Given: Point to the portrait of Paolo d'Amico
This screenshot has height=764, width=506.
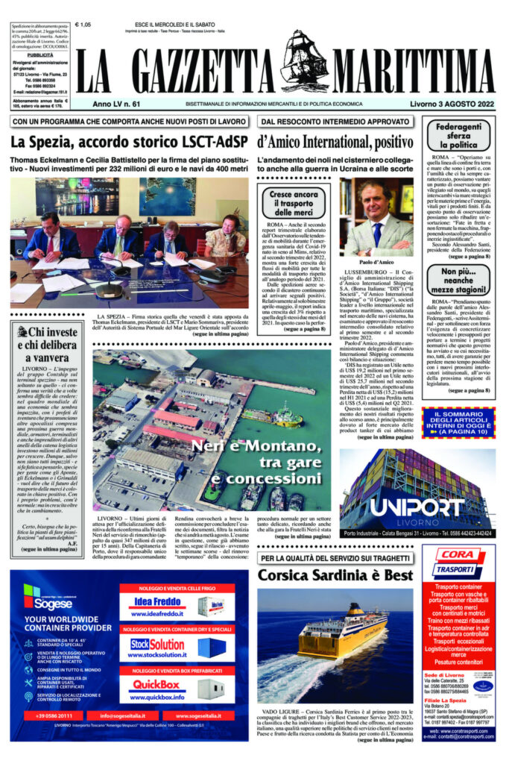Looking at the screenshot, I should pyautogui.click(x=376, y=218).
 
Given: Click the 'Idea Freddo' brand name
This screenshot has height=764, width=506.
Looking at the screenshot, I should pyautogui.click(x=159, y=603).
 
